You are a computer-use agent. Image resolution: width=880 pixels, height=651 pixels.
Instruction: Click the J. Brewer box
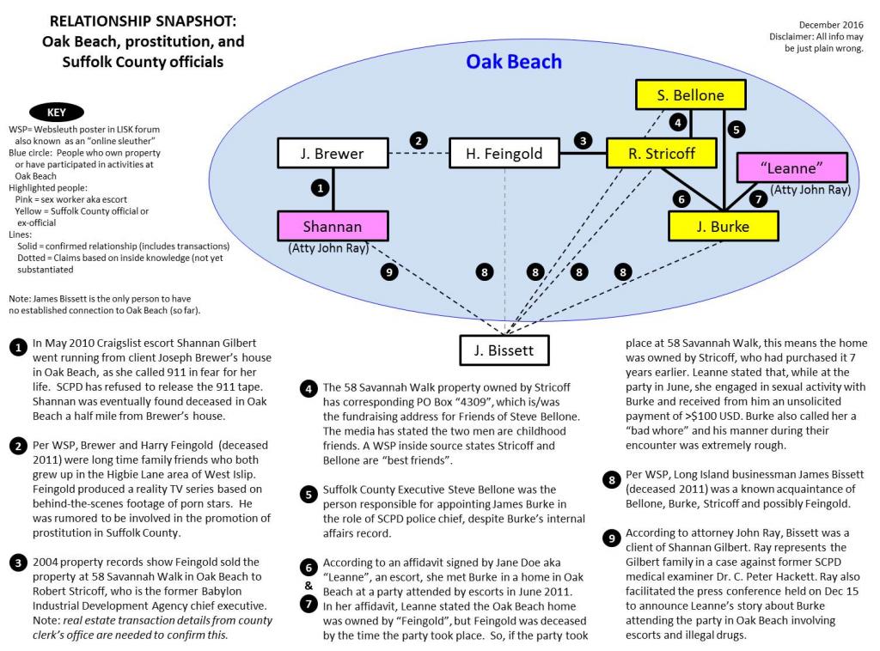(x=333, y=155)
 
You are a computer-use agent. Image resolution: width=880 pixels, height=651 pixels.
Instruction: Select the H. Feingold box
(x=504, y=155)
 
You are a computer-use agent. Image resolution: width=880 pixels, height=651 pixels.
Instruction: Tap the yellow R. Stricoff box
(x=663, y=155)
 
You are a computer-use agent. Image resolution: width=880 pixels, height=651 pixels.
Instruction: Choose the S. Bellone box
(x=690, y=95)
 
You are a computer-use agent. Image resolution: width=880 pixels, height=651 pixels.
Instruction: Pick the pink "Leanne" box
(x=796, y=166)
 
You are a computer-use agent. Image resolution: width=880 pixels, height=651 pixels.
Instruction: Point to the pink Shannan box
(x=333, y=227)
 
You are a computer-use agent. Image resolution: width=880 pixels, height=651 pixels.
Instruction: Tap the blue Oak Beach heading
(x=513, y=62)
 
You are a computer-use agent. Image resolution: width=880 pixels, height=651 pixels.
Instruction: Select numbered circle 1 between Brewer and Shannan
(x=319, y=186)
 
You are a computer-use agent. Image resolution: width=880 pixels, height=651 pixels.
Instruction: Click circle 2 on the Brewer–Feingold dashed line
(x=419, y=140)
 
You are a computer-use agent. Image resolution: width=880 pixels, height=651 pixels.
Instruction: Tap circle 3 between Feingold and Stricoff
(x=584, y=140)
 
